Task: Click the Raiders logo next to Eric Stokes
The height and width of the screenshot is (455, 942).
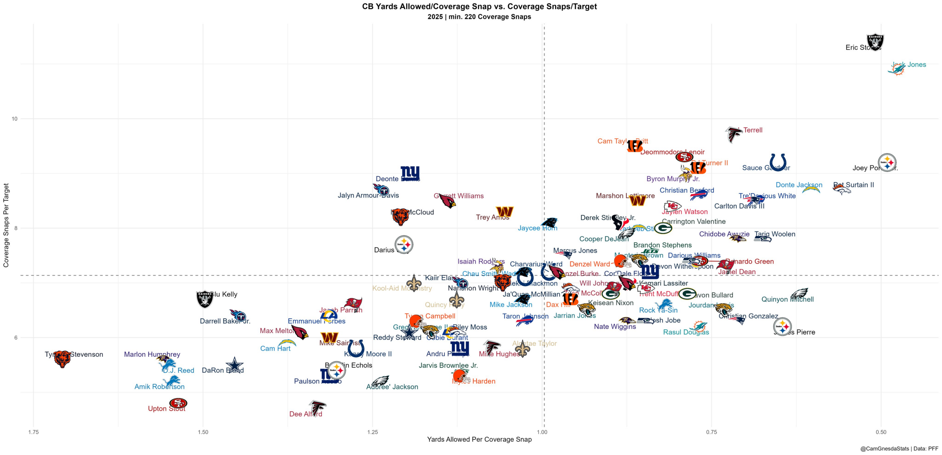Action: point(875,42)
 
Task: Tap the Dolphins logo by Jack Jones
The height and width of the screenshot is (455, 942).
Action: point(897,69)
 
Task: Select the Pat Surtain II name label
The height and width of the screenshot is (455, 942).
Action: point(853,185)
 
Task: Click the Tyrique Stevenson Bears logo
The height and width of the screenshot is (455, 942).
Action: point(62,359)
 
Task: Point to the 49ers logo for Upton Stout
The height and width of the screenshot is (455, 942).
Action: point(178,403)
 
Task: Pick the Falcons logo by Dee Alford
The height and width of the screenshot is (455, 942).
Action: point(317,408)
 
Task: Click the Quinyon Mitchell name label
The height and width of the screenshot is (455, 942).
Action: point(787,299)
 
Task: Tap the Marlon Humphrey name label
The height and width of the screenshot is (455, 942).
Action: point(152,354)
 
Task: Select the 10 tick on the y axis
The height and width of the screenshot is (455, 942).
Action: point(15,119)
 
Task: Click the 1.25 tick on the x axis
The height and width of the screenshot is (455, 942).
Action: point(372,432)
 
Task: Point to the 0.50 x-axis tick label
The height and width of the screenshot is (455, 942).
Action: point(881,432)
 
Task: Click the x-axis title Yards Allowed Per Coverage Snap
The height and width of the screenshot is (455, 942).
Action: point(479,439)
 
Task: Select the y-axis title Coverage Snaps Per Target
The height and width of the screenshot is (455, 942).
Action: point(6,225)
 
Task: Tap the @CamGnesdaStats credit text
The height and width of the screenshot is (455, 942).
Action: point(899,449)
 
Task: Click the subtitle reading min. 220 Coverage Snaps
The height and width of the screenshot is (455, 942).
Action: point(479,17)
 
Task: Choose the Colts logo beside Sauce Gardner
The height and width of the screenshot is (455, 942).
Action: point(778,162)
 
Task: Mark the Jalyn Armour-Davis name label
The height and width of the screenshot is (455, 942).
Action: point(368,195)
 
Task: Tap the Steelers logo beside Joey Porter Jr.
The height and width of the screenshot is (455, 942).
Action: point(887,162)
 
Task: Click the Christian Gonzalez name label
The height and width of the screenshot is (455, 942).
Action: point(748,316)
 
